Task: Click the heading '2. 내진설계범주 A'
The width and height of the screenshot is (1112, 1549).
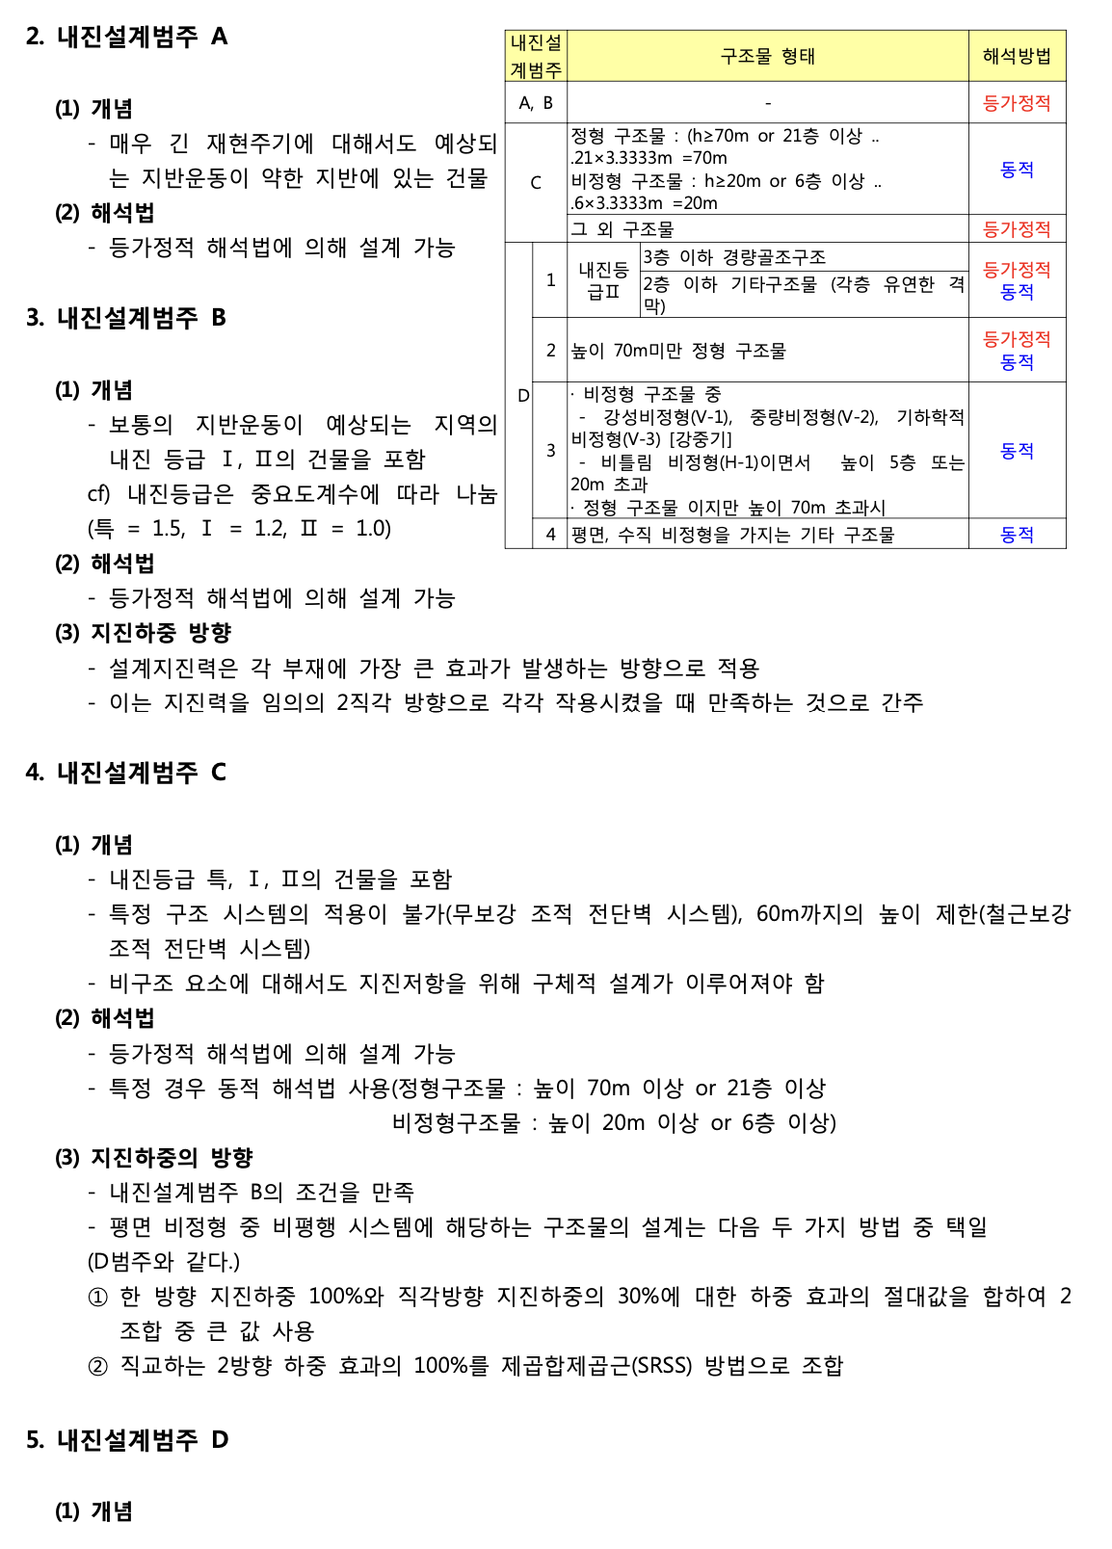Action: tap(126, 37)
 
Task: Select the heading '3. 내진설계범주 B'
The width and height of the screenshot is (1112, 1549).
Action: tap(126, 318)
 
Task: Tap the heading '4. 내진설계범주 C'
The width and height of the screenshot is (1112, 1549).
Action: tap(126, 773)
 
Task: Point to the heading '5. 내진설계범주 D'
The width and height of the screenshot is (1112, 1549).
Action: tap(126, 1440)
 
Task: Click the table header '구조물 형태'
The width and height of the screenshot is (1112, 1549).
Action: tap(767, 56)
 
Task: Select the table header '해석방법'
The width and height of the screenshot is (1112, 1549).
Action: tap(1017, 56)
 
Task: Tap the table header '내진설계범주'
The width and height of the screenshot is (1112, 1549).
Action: tap(536, 56)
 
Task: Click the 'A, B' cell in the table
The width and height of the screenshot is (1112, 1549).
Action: tap(536, 103)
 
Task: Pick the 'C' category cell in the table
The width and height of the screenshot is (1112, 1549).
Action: tap(536, 182)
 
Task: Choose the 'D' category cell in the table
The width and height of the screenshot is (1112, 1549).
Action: tap(523, 395)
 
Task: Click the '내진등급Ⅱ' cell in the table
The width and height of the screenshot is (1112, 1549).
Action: tap(603, 280)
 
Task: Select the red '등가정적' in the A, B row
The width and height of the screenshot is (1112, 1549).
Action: tap(1017, 103)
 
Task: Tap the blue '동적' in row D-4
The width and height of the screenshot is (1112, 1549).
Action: tap(1017, 535)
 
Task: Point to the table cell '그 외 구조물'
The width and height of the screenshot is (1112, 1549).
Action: tap(622, 229)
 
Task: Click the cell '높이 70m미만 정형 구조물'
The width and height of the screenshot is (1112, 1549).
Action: tap(678, 351)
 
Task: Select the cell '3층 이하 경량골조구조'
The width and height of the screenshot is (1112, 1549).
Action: tap(734, 257)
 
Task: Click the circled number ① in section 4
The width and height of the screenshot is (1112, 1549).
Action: tap(97, 1297)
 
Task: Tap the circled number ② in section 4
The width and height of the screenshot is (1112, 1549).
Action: tap(97, 1366)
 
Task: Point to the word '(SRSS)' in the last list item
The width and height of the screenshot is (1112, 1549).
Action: tap(661, 1366)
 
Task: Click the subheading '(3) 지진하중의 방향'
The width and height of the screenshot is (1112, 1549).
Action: tap(153, 1158)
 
